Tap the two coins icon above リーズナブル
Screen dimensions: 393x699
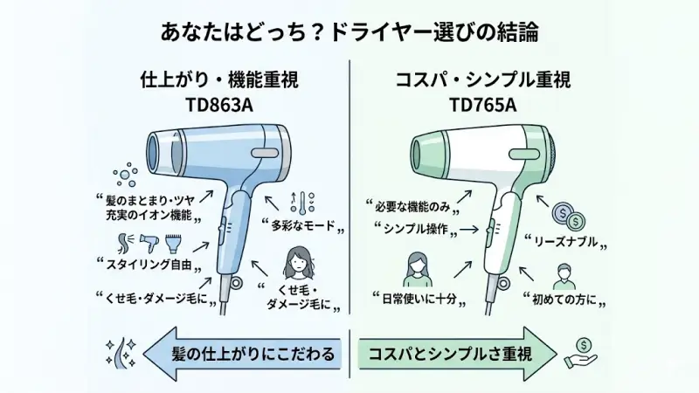coord(569,215)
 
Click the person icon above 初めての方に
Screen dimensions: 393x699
coord(564,273)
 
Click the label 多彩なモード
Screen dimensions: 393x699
coord(302,227)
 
